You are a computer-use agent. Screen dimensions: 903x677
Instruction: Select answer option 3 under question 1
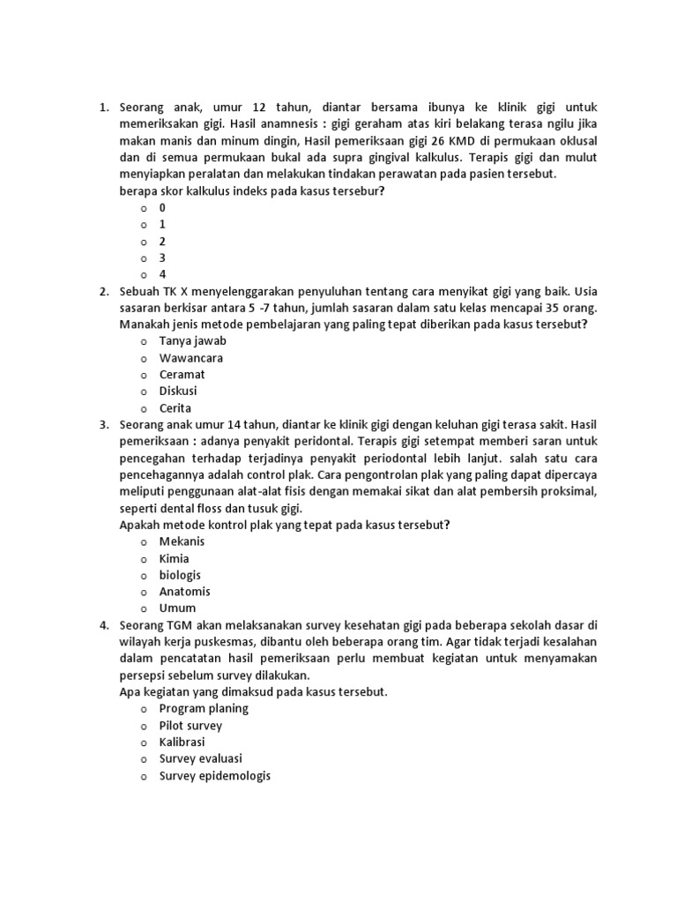pos(162,257)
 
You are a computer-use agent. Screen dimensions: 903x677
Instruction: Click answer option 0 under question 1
pos(162,207)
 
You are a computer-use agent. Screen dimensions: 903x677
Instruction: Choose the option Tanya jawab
pos(186,341)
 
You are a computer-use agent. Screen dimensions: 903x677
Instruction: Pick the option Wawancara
pos(190,358)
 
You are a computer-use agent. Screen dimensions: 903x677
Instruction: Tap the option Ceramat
pos(182,375)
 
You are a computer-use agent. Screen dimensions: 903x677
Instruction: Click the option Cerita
pos(175,408)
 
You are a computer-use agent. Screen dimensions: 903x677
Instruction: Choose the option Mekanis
pos(181,541)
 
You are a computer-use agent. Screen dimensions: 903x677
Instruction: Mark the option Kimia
pos(174,558)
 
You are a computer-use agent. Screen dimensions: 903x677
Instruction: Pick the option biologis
pos(181,575)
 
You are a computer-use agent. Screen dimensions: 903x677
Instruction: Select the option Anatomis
pos(184,592)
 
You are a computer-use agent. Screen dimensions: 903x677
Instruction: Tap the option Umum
pos(177,608)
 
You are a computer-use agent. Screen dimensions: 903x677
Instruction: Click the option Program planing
pos(204,708)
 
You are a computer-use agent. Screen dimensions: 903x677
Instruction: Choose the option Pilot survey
pos(190,726)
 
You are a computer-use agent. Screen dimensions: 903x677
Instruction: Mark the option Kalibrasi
pos(182,742)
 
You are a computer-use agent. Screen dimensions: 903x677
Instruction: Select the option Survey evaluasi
pos(200,758)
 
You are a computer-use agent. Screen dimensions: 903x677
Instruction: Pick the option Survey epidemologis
pos(214,776)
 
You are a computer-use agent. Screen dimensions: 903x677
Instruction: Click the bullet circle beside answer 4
pos(141,274)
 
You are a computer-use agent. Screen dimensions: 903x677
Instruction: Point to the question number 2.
pos(103,291)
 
